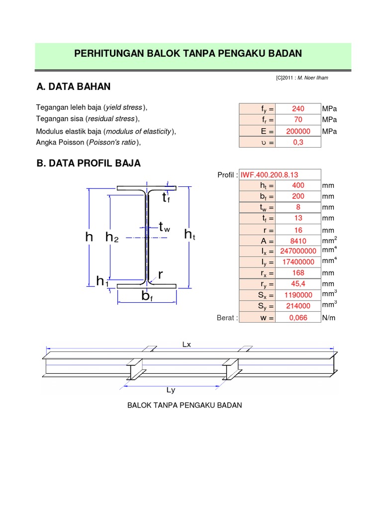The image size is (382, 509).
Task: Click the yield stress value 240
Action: [x=298, y=109]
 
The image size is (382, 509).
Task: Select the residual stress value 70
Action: [x=298, y=120]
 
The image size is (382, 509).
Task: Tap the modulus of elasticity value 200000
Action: [x=298, y=131]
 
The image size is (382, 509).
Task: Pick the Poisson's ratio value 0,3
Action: [x=298, y=142]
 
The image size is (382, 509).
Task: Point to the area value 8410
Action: [x=298, y=241]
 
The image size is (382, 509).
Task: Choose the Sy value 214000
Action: [x=298, y=306]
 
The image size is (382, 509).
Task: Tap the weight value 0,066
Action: [x=298, y=318]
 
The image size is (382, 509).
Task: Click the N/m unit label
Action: [x=329, y=318]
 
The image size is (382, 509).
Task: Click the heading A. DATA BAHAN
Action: [x=74, y=87]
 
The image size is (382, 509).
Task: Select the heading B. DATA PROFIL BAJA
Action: [x=89, y=163]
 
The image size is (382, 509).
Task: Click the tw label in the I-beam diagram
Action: [x=164, y=228]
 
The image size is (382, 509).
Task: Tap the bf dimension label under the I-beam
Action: [x=147, y=297]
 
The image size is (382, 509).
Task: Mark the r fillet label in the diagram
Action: [x=161, y=274]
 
